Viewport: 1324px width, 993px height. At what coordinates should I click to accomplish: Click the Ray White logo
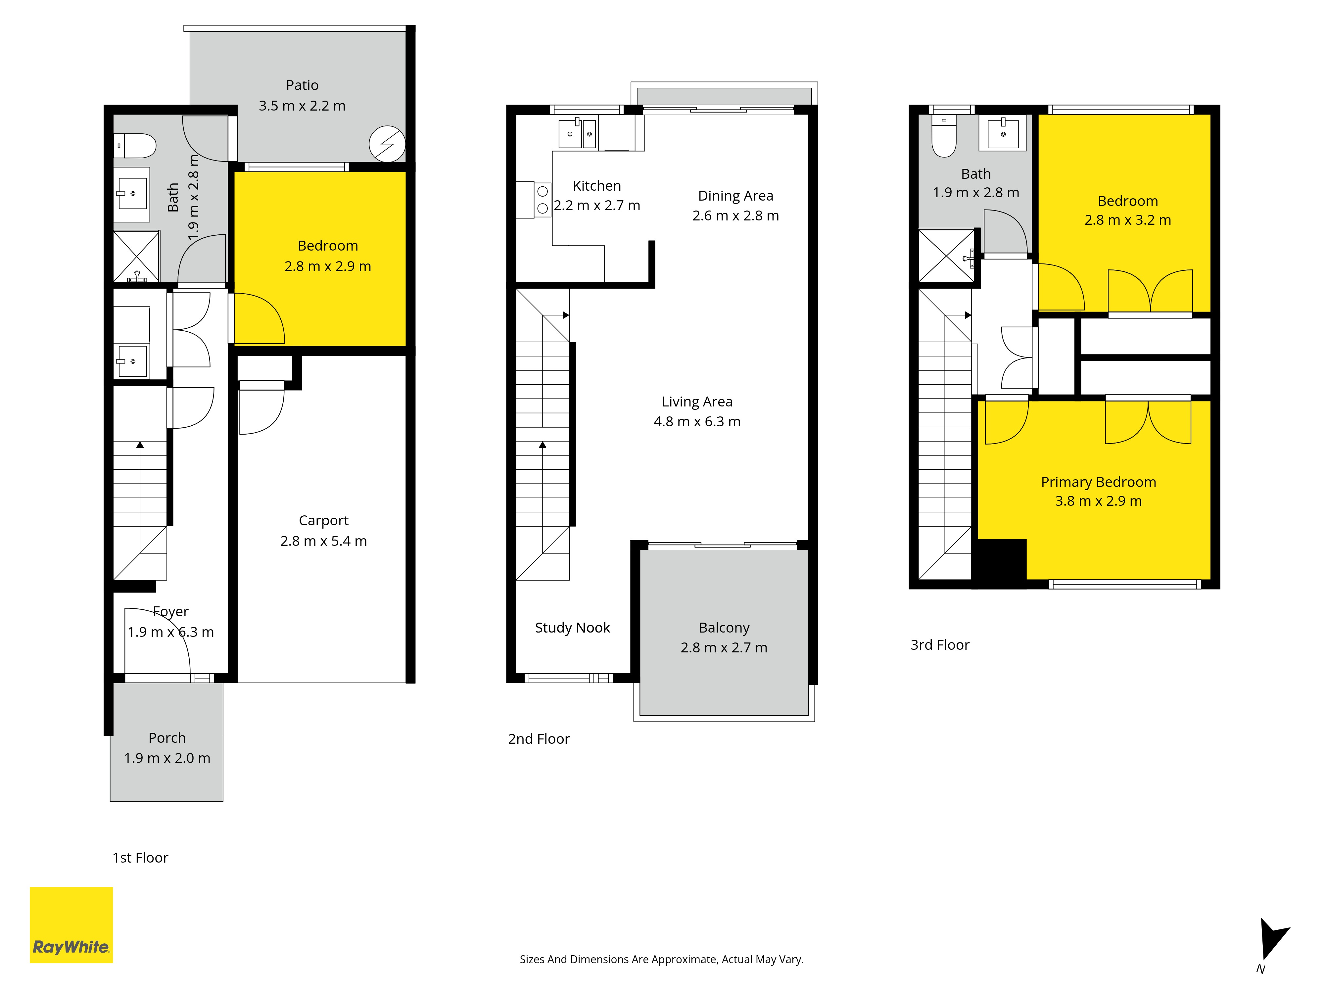[x=71, y=925]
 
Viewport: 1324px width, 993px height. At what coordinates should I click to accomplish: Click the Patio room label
[x=302, y=85]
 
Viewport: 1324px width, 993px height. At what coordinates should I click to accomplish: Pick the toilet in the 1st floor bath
[x=135, y=145]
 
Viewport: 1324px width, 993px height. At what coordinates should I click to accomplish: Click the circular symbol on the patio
[x=387, y=144]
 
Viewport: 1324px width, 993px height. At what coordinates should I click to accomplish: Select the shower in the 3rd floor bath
[x=947, y=256]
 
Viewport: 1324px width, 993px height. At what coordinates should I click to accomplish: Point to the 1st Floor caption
[x=141, y=858]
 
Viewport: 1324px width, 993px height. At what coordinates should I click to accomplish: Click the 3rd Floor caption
[x=940, y=645]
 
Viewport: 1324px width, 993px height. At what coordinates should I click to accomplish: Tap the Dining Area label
[x=735, y=196]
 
